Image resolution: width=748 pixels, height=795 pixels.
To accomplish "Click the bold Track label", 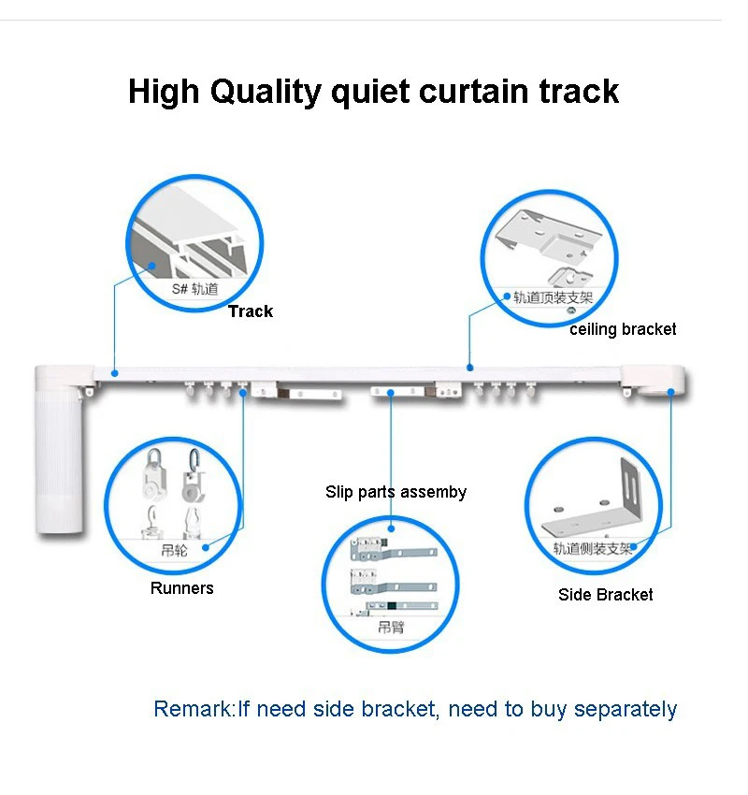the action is point(251,311).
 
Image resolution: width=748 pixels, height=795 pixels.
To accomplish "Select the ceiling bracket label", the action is point(623,329).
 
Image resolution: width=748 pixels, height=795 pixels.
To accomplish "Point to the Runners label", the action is point(181,588).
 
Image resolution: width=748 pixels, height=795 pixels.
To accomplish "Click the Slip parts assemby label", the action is point(396,492).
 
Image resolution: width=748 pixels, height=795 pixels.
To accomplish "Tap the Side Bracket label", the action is point(605,595).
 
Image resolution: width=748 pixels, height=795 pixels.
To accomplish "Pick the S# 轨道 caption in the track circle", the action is point(194,289).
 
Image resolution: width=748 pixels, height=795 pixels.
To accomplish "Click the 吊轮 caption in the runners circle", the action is point(175,550).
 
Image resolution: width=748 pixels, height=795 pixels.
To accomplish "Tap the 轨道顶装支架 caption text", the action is point(554,297).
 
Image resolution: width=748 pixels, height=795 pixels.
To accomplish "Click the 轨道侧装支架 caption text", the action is point(593,548).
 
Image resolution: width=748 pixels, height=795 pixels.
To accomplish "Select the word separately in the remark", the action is point(625,709).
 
